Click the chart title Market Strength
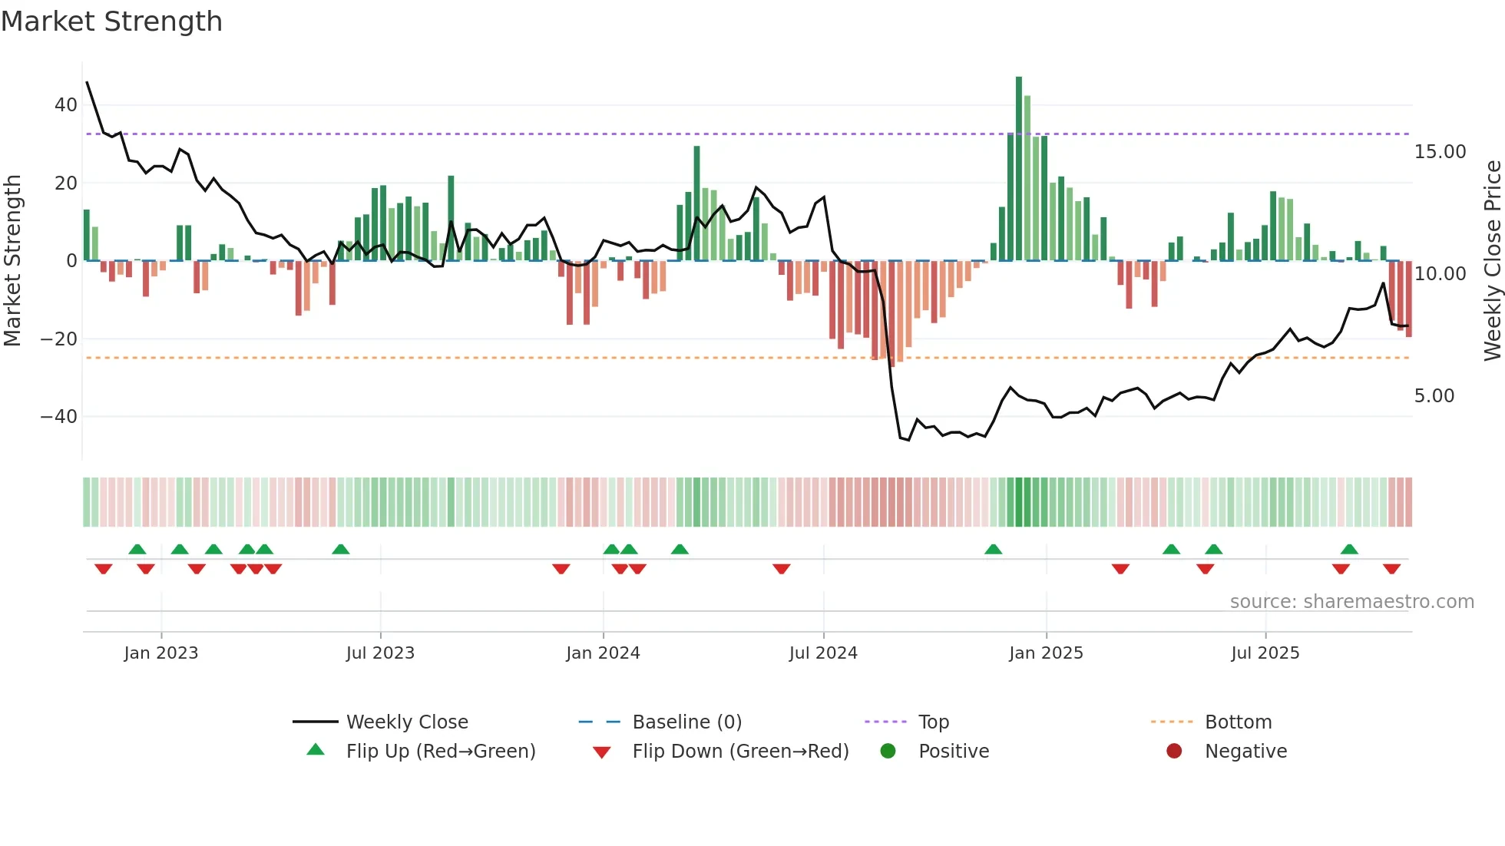[x=111, y=21]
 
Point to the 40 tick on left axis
[x=66, y=105]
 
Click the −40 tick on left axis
[x=59, y=417]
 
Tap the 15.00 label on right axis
[x=1440, y=152]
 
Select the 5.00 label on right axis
[x=1434, y=396]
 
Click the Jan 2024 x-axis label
[x=603, y=653]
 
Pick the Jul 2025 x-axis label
[x=1265, y=653]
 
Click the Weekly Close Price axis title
[x=1492, y=261]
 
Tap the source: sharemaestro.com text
[x=1351, y=602]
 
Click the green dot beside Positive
[x=888, y=752]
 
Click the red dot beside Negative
[x=1174, y=752]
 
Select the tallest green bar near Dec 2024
[x=1019, y=169]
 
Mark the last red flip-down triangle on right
[x=1391, y=569]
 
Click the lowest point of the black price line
[x=908, y=440]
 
